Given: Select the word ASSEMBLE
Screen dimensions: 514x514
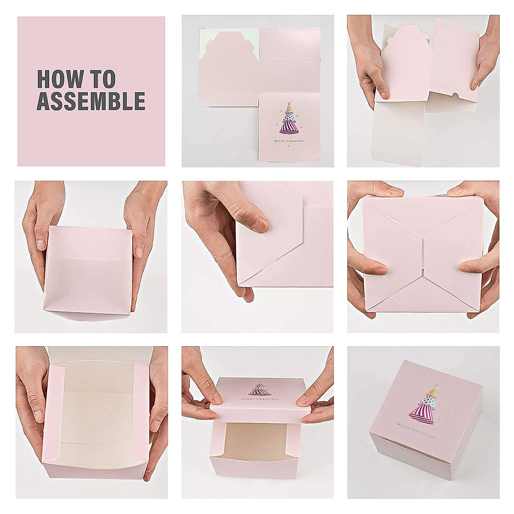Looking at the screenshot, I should coord(91,101).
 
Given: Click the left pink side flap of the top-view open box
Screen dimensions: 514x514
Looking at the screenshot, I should coord(54,411).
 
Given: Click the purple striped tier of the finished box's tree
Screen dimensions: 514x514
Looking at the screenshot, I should coord(420,413).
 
